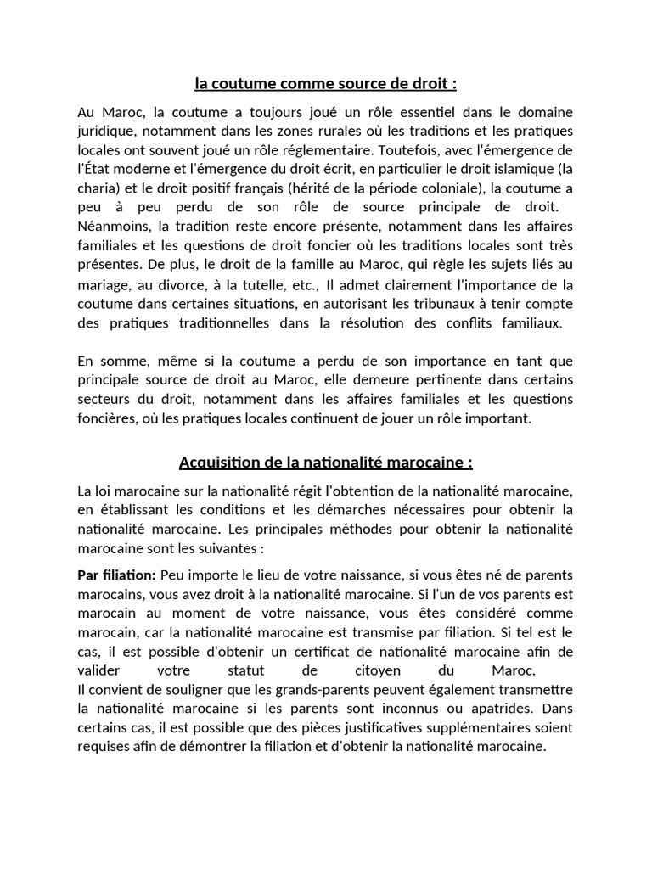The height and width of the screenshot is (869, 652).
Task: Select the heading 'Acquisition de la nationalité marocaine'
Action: pos(325,463)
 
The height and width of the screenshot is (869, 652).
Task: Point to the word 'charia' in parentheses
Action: pos(98,188)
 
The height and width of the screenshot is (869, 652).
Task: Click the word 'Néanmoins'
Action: pos(110,226)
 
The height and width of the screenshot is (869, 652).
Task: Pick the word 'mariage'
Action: pos(104,284)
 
